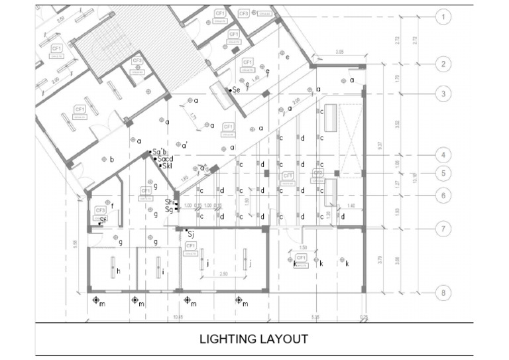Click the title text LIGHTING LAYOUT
click(254, 339)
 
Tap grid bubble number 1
click(443, 17)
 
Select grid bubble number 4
click(443, 155)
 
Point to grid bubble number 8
click(443, 292)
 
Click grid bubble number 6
click(443, 196)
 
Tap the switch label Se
click(235, 90)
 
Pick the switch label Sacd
click(165, 159)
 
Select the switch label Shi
click(170, 202)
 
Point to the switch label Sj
click(190, 233)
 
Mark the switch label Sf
click(103, 219)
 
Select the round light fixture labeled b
click(104, 159)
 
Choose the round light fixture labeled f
click(106, 205)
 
